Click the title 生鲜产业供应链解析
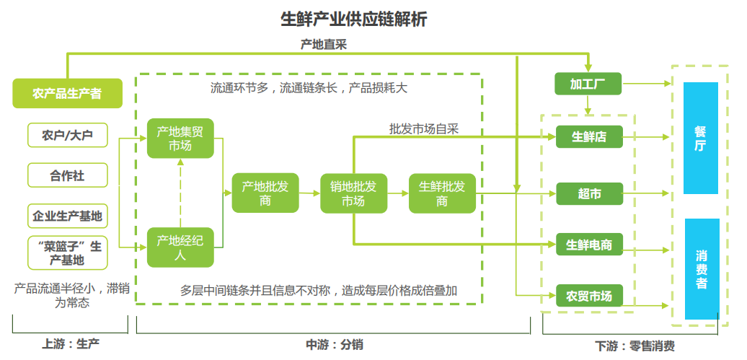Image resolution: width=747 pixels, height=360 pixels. pos(353,19)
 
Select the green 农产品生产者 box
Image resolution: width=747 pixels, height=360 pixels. pos(67,94)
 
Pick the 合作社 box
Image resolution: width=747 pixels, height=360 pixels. pos(67,175)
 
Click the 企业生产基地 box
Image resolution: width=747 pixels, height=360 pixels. pos(67,215)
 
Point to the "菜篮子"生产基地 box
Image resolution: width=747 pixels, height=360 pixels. pos(67,253)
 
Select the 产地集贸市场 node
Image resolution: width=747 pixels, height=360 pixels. pos(180,138)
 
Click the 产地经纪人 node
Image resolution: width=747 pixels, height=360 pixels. pos(180,247)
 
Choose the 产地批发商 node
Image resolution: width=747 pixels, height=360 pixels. pos(265,193)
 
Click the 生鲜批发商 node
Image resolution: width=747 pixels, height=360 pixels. pos(442,193)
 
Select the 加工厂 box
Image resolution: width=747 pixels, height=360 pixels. pos(588,84)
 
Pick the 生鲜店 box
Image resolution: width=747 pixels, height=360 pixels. pos(588,136)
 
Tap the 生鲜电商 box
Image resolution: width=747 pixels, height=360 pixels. pos(588,245)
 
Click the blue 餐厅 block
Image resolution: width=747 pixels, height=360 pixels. pos(700,138)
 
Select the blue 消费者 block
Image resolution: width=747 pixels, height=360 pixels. pos(700,269)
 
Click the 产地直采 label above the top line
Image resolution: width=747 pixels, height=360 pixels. pos(324,45)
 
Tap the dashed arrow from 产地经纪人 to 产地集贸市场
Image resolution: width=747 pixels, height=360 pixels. pos(180,193)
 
